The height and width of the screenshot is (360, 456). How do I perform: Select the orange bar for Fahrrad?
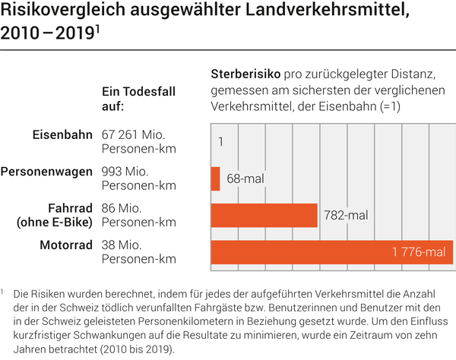263,216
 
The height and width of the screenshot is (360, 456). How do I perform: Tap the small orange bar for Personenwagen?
215,178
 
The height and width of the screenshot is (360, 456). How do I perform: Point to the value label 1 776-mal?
419,252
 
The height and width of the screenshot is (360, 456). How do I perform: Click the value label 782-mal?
345,216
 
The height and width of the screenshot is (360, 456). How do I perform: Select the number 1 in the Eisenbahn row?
220,142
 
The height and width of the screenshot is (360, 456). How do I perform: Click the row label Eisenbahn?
63,134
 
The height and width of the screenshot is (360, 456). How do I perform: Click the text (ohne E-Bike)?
54,222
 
